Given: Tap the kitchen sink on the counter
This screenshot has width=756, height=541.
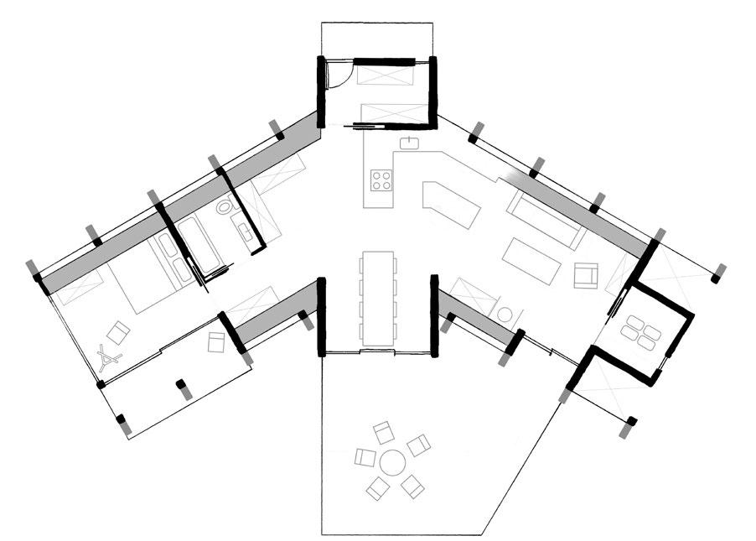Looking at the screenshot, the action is tap(411, 142).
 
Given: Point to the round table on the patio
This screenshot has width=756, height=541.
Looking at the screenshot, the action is tap(391, 462).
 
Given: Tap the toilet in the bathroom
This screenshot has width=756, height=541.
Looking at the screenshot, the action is tap(225, 208).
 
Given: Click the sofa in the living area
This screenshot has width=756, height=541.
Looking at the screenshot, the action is tap(545, 220).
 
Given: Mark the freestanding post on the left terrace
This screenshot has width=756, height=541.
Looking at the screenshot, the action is tap(180, 388).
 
